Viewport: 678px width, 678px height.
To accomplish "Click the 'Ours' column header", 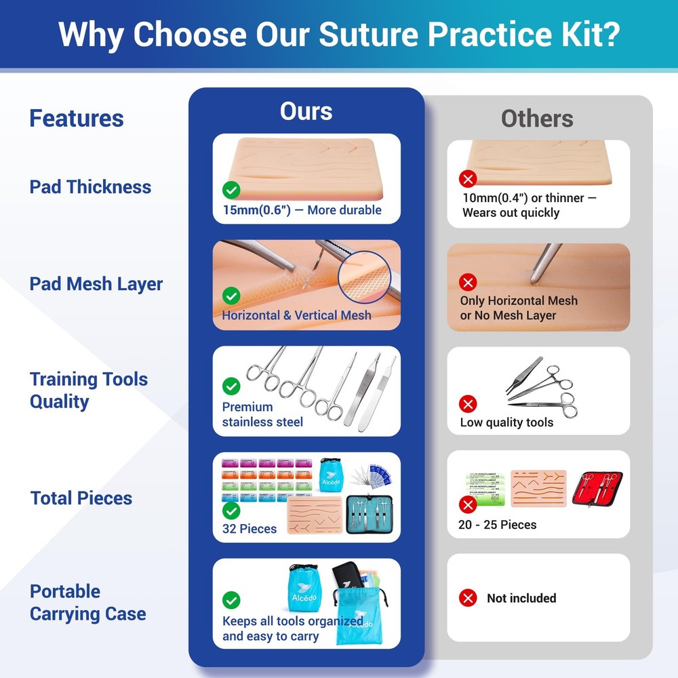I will click(306, 111).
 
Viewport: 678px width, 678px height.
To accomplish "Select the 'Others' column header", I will click(537, 119).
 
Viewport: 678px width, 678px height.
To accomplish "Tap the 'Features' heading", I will click(76, 119).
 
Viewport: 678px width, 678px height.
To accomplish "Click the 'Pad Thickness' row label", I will click(90, 187).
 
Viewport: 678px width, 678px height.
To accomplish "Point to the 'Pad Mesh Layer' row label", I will click(96, 284).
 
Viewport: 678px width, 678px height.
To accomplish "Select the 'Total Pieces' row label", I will click(81, 498).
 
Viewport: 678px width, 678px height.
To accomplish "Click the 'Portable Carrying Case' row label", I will click(87, 603).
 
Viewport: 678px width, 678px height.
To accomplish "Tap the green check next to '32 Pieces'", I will click(231, 511).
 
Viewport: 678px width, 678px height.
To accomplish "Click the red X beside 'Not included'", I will click(468, 598).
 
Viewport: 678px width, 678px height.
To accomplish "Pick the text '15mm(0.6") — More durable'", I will click(302, 210).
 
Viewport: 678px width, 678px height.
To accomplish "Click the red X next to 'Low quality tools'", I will click(468, 404).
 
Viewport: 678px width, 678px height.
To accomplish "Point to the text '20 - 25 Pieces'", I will click(498, 525).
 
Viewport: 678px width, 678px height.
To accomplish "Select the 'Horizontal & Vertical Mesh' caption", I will click(296, 315).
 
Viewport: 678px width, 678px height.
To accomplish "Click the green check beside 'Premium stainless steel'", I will click(231, 386).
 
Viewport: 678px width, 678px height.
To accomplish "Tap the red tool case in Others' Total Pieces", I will click(597, 490).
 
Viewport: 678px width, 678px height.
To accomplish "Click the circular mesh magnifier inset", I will click(366, 278).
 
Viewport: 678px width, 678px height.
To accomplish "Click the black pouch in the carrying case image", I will click(349, 577).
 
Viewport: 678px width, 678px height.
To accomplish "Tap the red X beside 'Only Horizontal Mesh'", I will click(468, 282).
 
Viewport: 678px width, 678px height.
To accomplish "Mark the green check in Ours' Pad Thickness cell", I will click(231, 189).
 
